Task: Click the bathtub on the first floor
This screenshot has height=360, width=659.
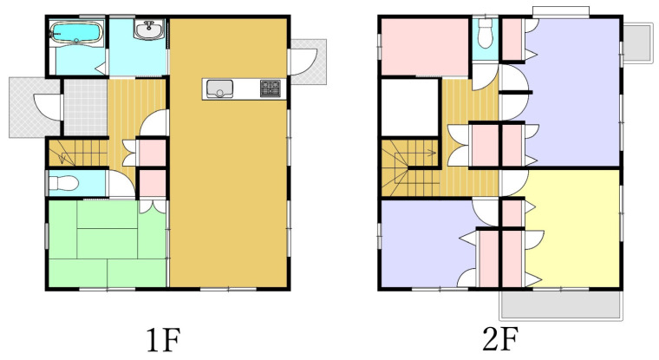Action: coord(76,33)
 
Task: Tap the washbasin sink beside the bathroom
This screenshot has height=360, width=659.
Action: coord(149,29)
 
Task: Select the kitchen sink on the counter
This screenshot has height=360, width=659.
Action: coord(219,88)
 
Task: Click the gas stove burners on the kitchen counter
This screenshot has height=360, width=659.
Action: coord(271,88)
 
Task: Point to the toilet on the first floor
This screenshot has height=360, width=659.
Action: coord(63,183)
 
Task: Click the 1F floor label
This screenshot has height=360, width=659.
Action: coord(163,340)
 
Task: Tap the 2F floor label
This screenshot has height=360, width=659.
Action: coord(499,339)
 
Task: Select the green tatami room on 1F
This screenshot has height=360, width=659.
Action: coord(108,243)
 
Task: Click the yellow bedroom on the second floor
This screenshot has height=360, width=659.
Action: coord(572,235)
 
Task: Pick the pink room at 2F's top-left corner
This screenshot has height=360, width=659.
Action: coord(425,46)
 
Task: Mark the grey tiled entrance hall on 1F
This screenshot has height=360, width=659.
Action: coord(85,107)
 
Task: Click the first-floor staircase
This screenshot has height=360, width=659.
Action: coord(78,153)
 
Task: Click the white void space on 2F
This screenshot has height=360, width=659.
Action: coord(410,107)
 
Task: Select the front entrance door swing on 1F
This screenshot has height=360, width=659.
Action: coord(47,108)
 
